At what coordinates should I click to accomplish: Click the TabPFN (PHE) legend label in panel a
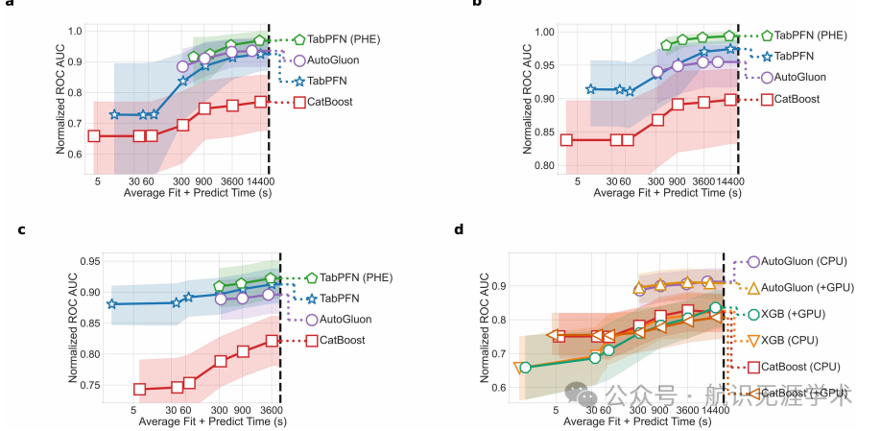click(339, 40)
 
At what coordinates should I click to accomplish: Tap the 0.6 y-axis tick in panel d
click(498, 387)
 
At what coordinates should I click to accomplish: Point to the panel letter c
click(21, 230)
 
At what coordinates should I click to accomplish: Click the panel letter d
click(459, 229)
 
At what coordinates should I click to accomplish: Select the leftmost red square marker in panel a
click(94, 135)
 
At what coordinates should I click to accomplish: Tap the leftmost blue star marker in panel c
click(111, 303)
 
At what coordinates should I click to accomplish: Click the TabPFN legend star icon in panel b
click(767, 57)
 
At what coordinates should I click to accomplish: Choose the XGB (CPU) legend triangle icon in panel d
click(753, 340)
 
